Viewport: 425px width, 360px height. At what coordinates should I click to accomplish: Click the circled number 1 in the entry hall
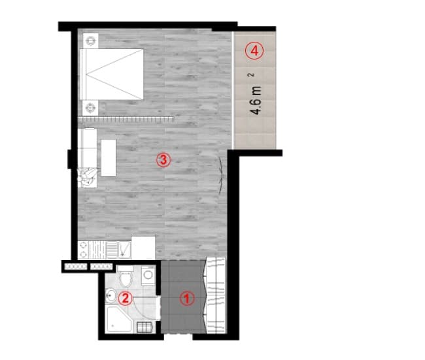click(x=188, y=299)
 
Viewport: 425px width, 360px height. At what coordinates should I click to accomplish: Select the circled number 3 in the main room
click(x=163, y=159)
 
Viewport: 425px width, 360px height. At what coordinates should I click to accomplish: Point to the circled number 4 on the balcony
click(x=255, y=50)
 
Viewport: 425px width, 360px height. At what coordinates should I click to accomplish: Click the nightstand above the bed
click(x=90, y=41)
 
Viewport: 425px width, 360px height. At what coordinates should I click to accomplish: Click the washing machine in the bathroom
click(x=148, y=277)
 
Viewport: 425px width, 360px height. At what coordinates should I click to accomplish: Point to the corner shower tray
click(x=120, y=321)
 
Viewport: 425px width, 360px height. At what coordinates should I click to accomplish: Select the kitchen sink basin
click(x=111, y=249)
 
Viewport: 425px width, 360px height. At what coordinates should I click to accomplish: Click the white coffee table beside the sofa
click(x=109, y=157)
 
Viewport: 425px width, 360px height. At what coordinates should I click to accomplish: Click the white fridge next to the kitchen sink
click(x=143, y=248)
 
